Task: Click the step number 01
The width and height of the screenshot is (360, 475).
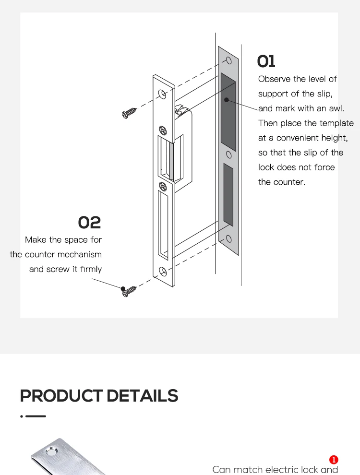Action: point(266,61)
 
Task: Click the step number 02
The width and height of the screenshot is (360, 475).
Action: point(90,223)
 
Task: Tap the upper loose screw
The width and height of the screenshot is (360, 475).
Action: point(130,113)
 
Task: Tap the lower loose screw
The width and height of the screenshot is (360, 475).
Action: point(129,290)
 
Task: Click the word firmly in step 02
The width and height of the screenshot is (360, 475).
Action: point(91,269)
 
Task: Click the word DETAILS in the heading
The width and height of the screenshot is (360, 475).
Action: point(142,396)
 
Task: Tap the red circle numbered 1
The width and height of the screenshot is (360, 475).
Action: point(334,461)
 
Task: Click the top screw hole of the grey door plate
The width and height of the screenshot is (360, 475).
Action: point(228,60)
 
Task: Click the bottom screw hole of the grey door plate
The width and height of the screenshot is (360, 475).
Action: point(228,238)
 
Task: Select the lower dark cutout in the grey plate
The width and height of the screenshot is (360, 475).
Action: point(228,194)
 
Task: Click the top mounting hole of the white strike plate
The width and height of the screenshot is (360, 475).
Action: point(163,94)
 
